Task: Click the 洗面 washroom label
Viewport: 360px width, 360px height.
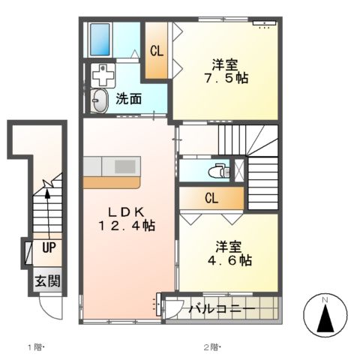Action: click(129, 99)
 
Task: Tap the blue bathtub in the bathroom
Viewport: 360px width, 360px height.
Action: click(100, 39)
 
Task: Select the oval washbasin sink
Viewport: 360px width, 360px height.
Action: click(99, 100)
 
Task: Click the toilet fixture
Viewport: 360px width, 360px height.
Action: click(218, 169)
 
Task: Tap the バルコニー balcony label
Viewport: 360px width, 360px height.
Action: click(221, 309)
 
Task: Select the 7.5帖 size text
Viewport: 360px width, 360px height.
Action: click(226, 77)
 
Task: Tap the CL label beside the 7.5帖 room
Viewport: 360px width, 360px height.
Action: click(156, 52)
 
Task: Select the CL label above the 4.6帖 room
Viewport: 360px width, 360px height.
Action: click(211, 198)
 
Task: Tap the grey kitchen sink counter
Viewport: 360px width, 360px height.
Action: click(111, 166)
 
